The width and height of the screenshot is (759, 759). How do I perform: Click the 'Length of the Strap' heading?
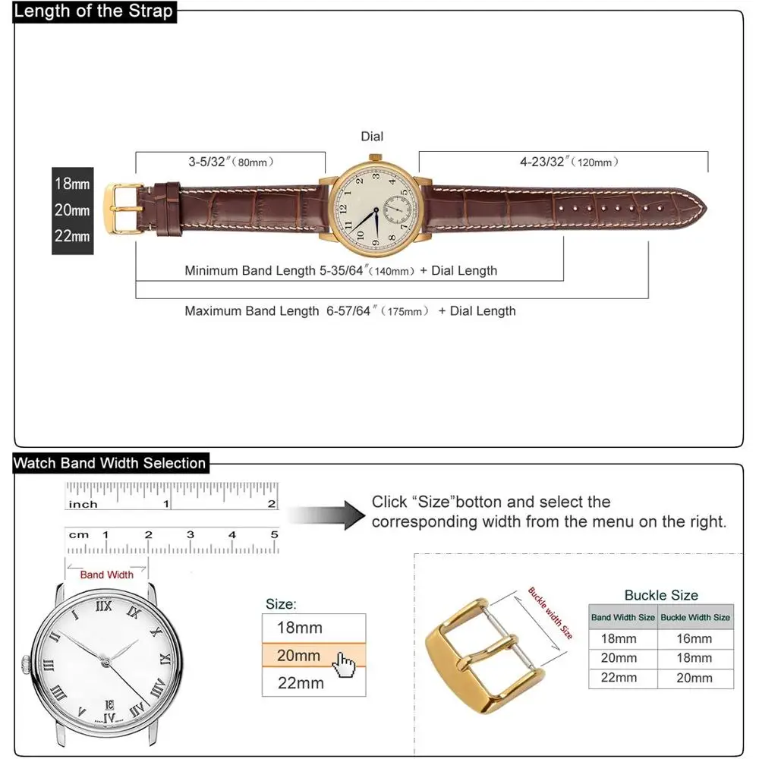click(93, 11)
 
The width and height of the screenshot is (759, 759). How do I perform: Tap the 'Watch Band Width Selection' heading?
click(110, 463)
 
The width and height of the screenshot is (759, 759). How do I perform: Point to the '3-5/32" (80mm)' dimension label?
click(231, 162)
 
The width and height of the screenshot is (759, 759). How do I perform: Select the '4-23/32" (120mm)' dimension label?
click(568, 162)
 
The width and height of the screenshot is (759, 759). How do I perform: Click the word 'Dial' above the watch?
click(372, 137)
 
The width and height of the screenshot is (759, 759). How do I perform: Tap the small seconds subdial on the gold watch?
click(398, 209)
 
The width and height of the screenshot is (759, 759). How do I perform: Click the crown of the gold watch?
click(376, 158)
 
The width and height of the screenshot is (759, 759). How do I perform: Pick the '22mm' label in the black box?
click(72, 236)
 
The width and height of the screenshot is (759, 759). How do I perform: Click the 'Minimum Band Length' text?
click(250, 270)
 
